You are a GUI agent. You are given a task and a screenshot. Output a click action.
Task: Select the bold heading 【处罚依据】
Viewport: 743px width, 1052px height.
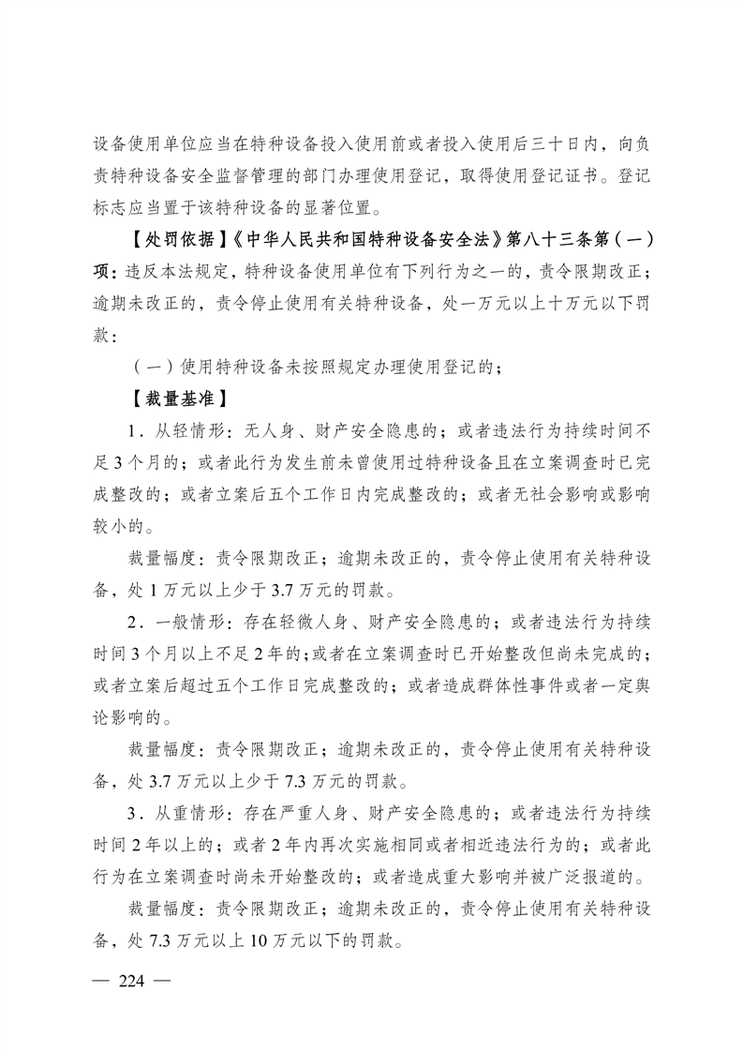tap(166, 238)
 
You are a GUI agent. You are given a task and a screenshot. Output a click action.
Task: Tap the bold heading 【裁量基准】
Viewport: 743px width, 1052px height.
tap(166, 398)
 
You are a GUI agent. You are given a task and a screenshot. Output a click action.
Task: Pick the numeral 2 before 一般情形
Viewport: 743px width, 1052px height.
tap(134, 621)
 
